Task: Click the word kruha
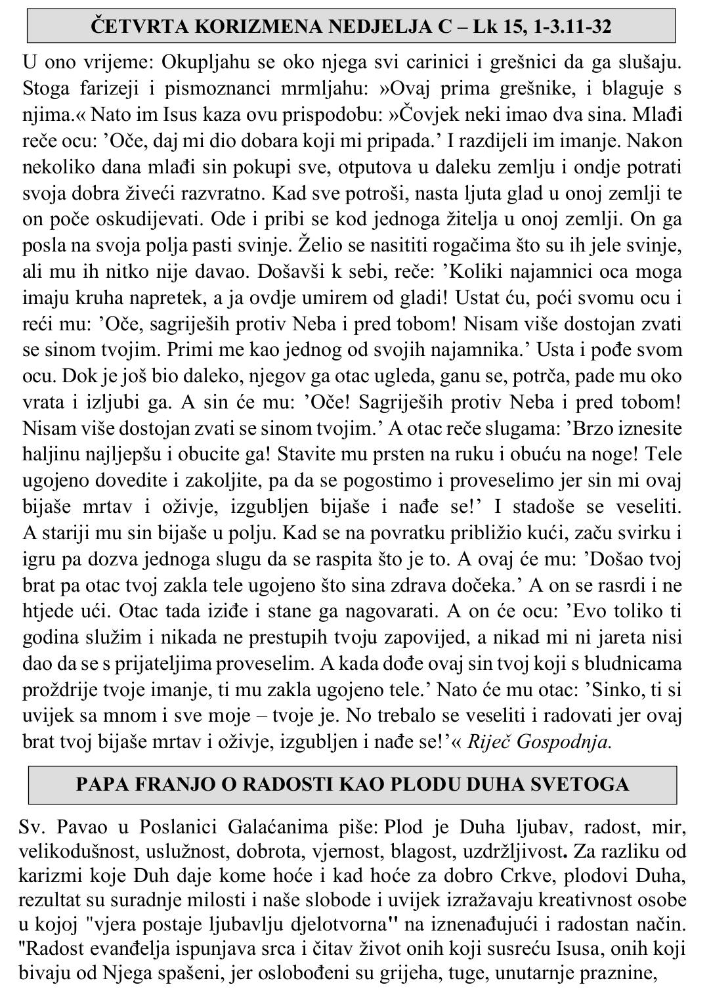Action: pos(114,298)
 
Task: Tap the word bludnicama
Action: pos(621,663)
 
